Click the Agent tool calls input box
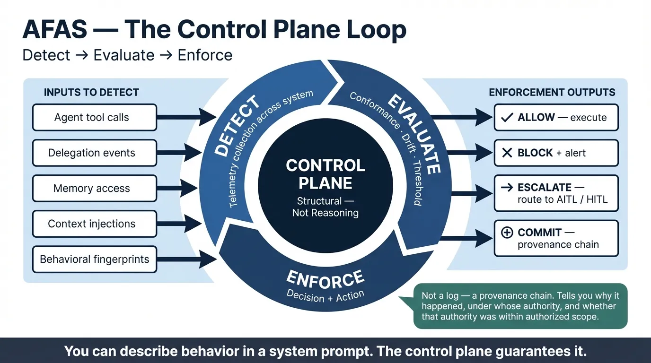pyautogui.click(x=94, y=118)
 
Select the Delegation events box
pyautogui.click(x=94, y=153)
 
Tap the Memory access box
pyautogui.click(x=94, y=189)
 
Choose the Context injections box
pyautogui.click(x=94, y=224)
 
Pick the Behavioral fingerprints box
pyautogui.click(x=94, y=259)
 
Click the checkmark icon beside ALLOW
pyautogui.click(x=507, y=118)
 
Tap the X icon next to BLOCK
pyautogui.click(x=507, y=153)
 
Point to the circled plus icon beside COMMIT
pyautogui.click(x=507, y=233)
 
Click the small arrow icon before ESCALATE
pyautogui.click(x=507, y=188)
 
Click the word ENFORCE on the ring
pyautogui.click(x=325, y=279)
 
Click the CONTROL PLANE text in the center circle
pyautogui.click(x=325, y=174)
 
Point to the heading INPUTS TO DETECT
pyautogui.click(x=91, y=92)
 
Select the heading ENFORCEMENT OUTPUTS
pyautogui.click(x=552, y=92)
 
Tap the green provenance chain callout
pyautogui.click(x=520, y=306)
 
